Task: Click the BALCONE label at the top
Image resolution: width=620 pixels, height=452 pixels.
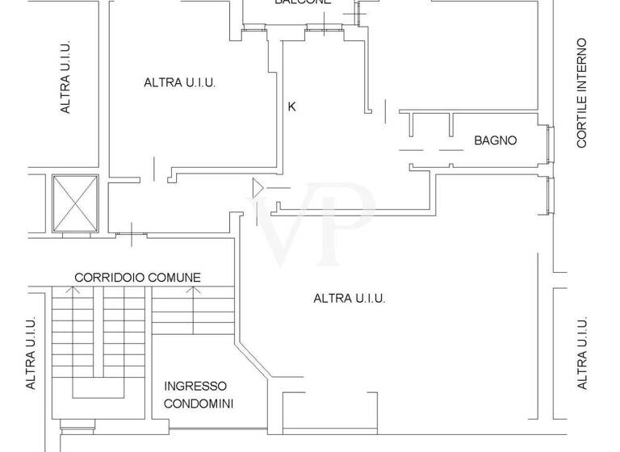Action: [x=303, y=2]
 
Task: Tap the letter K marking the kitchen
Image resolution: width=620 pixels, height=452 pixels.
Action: [x=292, y=106]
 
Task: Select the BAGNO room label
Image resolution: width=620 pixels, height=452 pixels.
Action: [x=495, y=140]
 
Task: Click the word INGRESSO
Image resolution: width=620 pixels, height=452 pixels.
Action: [x=195, y=387]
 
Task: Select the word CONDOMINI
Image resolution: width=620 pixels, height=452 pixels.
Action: [x=199, y=403]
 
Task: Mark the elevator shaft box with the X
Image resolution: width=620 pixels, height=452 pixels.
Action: [x=75, y=202]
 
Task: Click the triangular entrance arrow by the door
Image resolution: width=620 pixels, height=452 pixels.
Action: [x=258, y=188]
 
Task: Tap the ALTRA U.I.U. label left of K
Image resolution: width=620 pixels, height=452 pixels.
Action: [x=180, y=82]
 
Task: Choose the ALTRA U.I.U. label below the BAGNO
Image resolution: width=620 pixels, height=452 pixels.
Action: [x=350, y=299]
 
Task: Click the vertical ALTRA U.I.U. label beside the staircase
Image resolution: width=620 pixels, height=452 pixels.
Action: [x=31, y=354]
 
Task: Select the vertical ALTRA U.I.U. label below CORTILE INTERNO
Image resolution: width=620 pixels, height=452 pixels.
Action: [x=582, y=354]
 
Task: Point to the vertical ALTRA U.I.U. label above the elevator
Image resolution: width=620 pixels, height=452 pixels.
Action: [x=66, y=77]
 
